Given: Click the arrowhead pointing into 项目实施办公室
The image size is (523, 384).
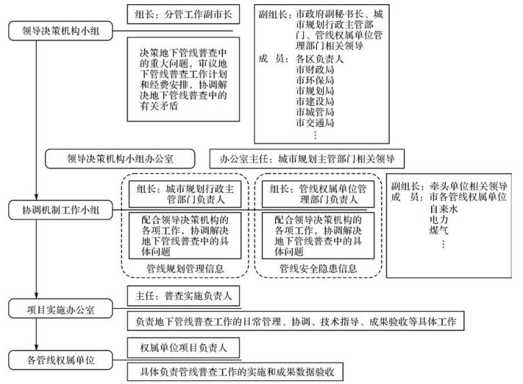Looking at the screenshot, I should tap(36, 295).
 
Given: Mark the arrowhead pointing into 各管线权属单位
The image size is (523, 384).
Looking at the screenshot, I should tap(36, 348).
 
